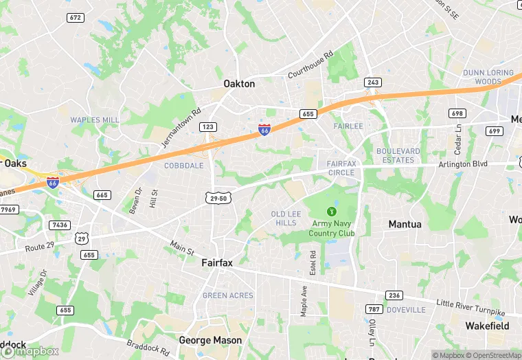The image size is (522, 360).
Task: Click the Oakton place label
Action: click(239, 84)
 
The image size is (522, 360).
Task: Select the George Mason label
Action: click(210, 340)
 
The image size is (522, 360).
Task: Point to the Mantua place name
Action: click(405, 224)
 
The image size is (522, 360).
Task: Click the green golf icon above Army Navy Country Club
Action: click(332, 211)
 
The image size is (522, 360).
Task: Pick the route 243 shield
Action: click(372, 82)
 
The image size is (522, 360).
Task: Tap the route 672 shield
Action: click(76, 17)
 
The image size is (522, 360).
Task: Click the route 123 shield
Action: click(208, 127)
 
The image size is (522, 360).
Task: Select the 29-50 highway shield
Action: click(218, 198)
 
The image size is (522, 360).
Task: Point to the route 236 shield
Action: click(394, 295)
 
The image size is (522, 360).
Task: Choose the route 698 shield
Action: click(457, 113)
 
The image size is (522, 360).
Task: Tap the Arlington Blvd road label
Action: click(464, 164)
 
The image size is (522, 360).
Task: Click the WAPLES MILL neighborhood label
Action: click(95, 120)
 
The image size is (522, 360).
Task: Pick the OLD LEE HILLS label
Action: click(286, 218)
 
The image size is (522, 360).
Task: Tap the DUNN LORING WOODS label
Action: click(488, 77)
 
